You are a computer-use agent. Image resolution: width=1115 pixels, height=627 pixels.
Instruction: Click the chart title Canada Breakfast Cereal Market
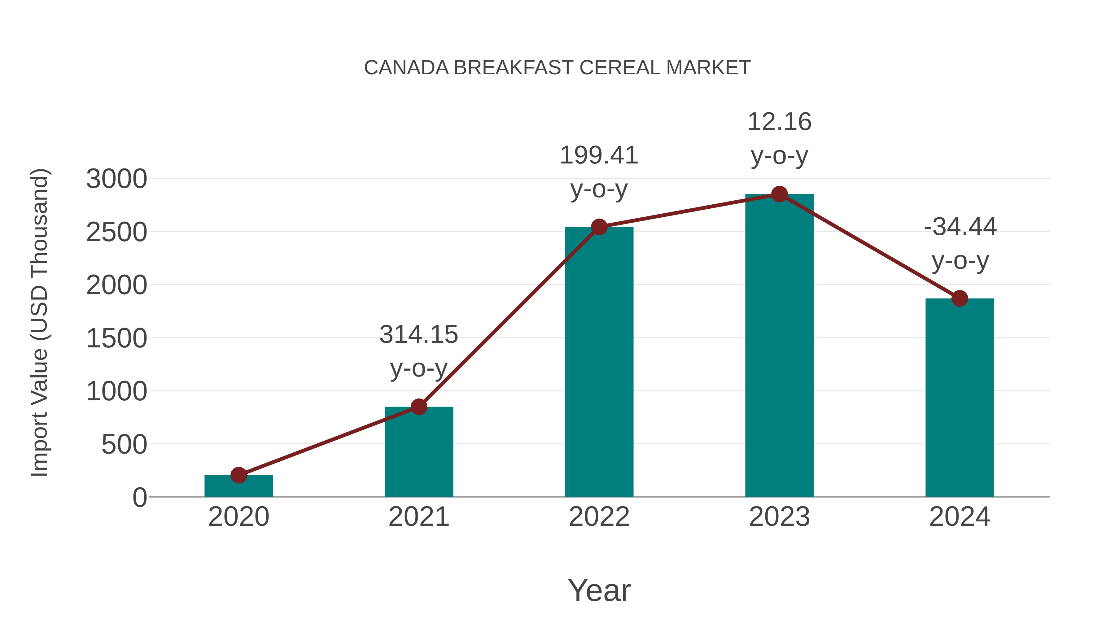[557, 68]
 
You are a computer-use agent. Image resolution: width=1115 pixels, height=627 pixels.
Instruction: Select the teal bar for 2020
[238, 486]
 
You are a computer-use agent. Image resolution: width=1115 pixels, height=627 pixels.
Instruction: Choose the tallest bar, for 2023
[779, 346]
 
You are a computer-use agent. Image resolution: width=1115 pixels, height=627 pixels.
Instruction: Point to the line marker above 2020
[238, 475]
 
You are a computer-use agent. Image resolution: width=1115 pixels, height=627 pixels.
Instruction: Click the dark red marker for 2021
[418, 407]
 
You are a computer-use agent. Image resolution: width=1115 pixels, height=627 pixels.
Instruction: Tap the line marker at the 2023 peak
[779, 194]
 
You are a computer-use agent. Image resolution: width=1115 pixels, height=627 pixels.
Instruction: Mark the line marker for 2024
[960, 298]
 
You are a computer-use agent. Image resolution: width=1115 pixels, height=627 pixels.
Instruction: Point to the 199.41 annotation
[599, 156]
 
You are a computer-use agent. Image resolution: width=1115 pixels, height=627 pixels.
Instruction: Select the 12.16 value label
[779, 122]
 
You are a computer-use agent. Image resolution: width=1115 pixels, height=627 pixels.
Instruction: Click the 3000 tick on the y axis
[116, 179]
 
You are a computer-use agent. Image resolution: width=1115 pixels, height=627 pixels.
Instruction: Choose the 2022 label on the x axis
[599, 517]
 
